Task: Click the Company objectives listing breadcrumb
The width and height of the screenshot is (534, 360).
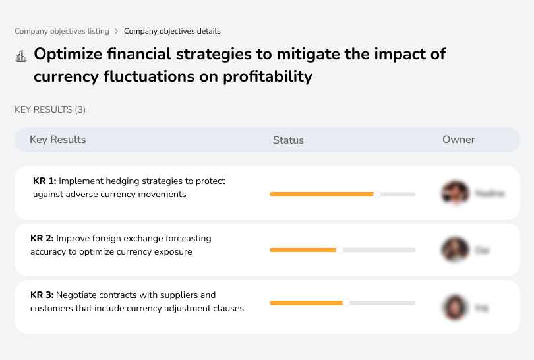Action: click(x=61, y=31)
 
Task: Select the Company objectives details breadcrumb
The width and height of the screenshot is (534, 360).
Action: click(x=172, y=31)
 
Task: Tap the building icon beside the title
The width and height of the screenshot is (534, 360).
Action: click(x=20, y=56)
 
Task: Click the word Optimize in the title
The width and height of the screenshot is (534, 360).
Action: click(x=67, y=54)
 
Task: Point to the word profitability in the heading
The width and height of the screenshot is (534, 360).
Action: click(x=267, y=76)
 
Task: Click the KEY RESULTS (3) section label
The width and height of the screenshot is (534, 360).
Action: click(x=50, y=109)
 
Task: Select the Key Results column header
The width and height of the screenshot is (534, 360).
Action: click(x=57, y=140)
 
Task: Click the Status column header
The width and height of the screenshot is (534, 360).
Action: click(x=288, y=140)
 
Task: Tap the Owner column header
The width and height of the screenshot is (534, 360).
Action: click(x=458, y=140)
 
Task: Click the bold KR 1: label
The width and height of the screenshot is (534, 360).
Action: click(x=44, y=181)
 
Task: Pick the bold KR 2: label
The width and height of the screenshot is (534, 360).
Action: click(x=42, y=238)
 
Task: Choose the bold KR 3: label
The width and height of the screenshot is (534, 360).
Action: click(x=42, y=295)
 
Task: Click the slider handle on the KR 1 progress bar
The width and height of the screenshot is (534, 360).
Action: click(x=377, y=194)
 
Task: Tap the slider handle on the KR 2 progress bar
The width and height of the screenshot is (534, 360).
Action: click(x=340, y=250)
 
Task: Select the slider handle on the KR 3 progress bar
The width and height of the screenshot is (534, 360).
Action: click(x=346, y=303)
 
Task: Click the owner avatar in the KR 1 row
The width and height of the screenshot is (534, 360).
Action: click(x=455, y=193)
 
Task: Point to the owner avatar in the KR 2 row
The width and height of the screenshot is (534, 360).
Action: click(x=455, y=250)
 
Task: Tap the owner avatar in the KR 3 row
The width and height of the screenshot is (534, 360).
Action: click(x=455, y=307)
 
